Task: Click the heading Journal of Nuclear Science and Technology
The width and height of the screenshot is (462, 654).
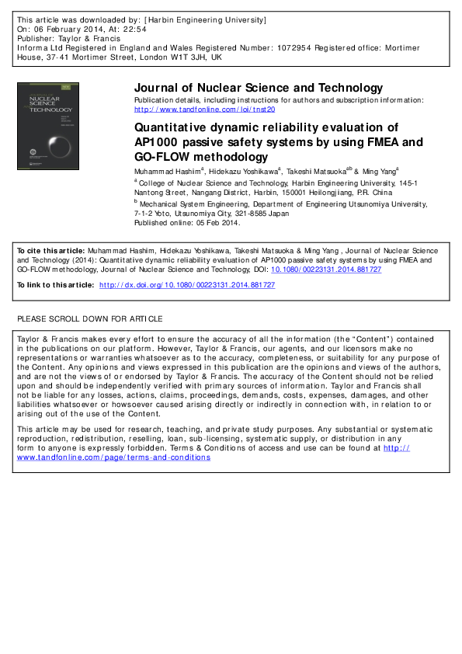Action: pyautogui.click(x=259, y=88)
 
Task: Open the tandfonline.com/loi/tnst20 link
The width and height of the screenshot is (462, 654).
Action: pyautogui.click(x=205, y=110)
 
